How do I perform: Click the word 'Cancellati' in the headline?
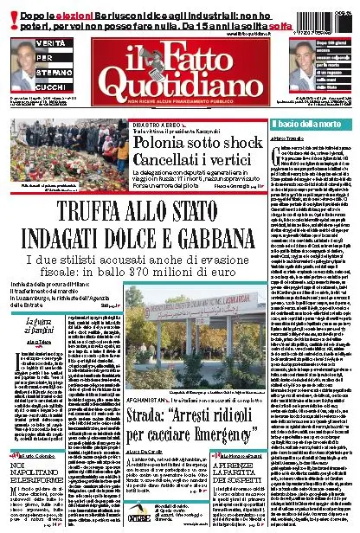[x=164, y=157]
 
